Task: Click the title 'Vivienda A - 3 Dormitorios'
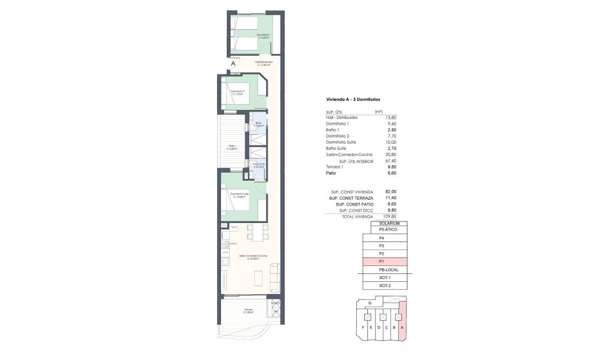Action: coord(352,99)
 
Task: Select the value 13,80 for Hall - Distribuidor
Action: coord(390,117)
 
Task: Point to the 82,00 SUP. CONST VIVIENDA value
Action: coord(390,192)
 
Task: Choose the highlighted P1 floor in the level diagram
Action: coord(384,262)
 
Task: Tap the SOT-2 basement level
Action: coord(384,286)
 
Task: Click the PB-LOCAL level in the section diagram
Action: coord(384,270)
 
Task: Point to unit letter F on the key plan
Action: coord(363,328)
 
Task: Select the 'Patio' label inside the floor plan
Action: coord(232,146)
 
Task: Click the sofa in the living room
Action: coord(275,277)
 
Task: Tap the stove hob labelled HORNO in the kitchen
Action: coord(225,244)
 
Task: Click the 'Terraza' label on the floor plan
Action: coord(248,310)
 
